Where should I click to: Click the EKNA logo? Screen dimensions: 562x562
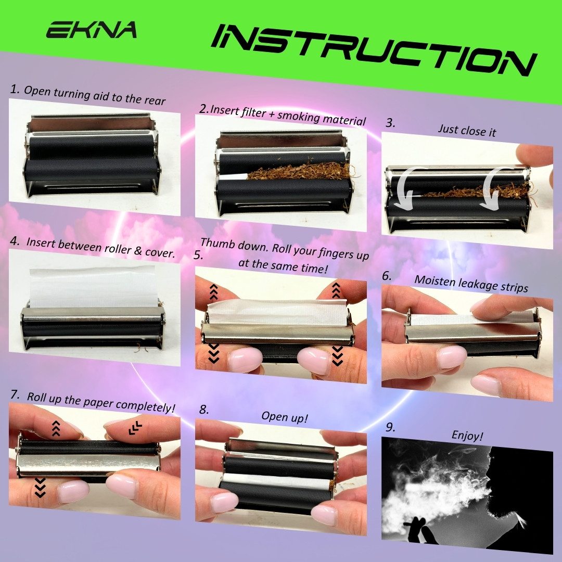click(92, 30)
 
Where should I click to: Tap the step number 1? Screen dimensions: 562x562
click(15, 89)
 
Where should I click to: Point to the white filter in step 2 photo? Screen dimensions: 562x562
click(233, 177)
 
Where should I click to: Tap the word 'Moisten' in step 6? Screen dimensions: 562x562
click(433, 281)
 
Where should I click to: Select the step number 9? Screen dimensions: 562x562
click(390, 427)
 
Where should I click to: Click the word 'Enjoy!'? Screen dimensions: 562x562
click(467, 436)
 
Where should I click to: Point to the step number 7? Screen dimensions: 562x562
click(15, 394)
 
